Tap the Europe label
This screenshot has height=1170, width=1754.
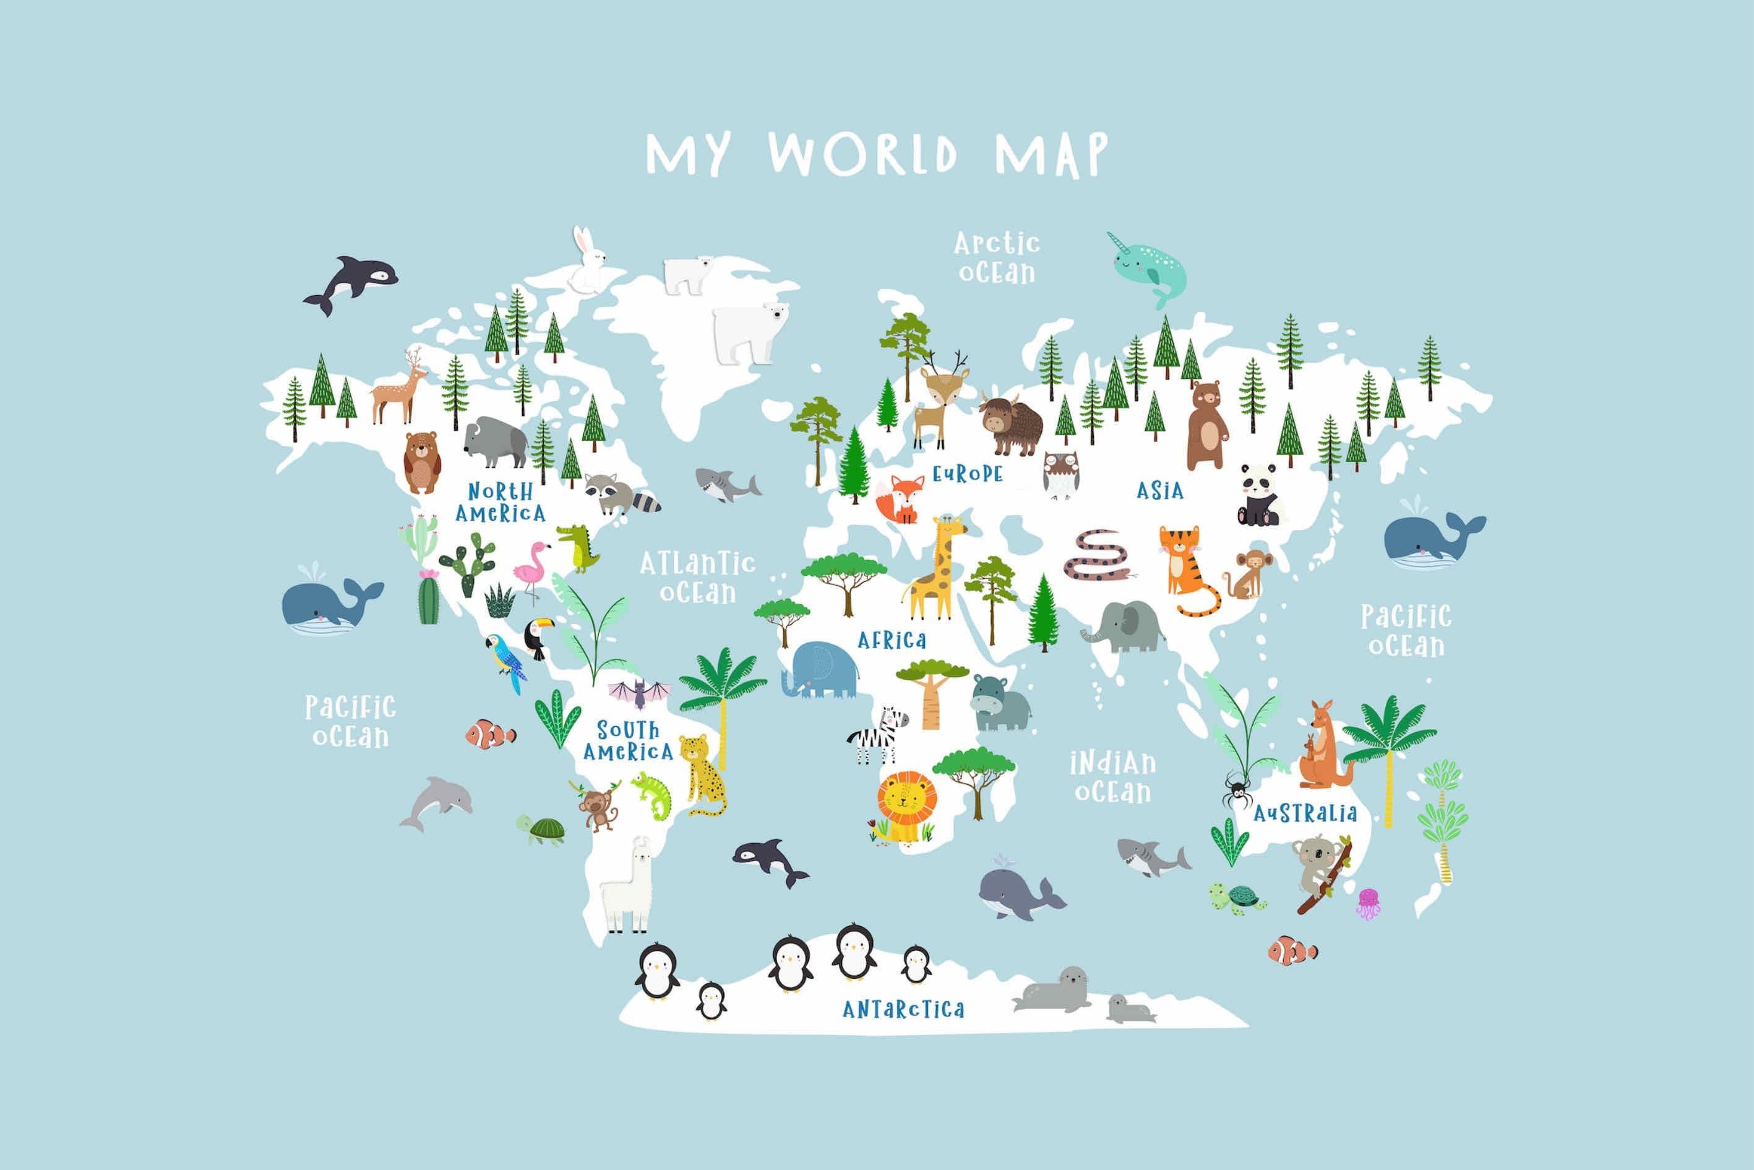(x=967, y=474)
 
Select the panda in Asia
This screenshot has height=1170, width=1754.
(x=1259, y=494)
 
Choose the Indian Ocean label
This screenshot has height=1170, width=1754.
(x=1112, y=777)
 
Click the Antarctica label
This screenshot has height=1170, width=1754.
(x=903, y=1010)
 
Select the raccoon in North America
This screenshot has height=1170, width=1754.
(x=619, y=493)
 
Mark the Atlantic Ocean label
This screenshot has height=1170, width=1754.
(x=697, y=577)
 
